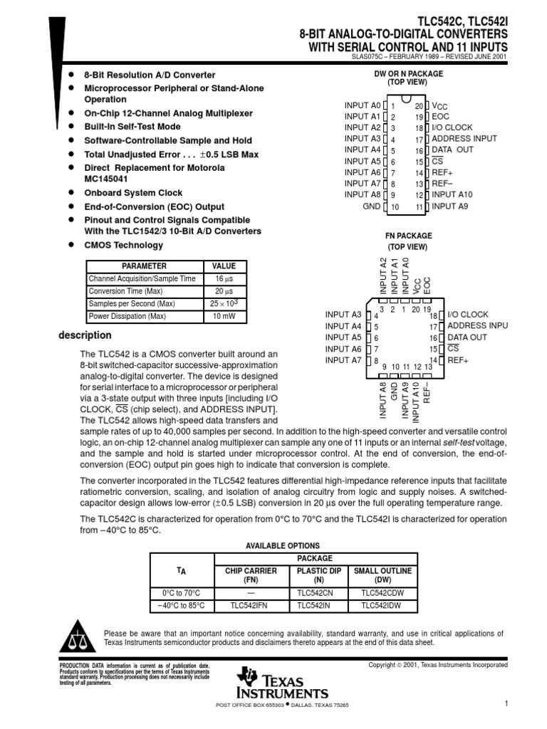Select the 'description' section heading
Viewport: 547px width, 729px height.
(85, 335)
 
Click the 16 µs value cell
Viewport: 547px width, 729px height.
(224, 279)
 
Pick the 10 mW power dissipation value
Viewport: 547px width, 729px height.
(224, 316)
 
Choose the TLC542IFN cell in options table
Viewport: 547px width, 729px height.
(244, 605)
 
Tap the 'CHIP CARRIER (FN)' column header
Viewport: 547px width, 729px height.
(244, 575)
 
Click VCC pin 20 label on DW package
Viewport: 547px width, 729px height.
(440, 106)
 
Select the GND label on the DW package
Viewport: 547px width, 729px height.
(372, 206)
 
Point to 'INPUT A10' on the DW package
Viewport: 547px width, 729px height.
(452, 194)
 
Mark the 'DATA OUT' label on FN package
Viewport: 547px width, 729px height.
(467, 337)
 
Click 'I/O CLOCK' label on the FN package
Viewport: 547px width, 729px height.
(467, 315)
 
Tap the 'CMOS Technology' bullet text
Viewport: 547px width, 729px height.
(123, 245)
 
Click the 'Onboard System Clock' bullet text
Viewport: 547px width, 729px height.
(133, 193)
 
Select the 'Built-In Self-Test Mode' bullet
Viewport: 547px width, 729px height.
(132, 127)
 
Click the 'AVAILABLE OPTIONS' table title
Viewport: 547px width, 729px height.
(283, 545)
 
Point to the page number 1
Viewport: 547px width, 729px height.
(504, 704)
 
